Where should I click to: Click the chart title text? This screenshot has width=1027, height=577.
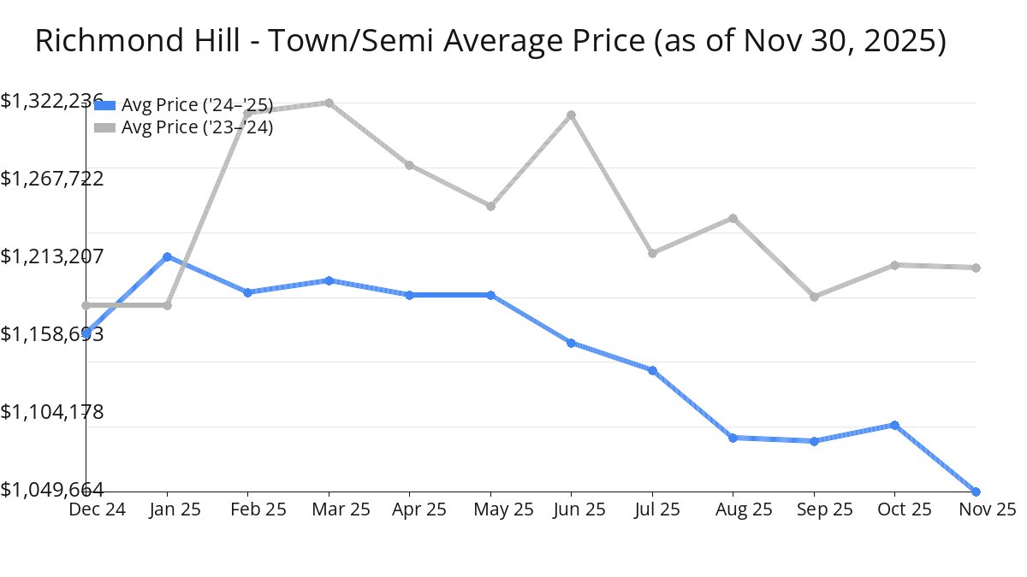pos(490,41)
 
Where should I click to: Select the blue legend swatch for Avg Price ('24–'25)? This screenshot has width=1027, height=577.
pos(104,105)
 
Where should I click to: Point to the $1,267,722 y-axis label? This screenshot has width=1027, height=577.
pos(52,179)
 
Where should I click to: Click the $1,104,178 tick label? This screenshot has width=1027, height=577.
pos(52,412)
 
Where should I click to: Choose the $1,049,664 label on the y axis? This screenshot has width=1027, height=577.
pos(52,489)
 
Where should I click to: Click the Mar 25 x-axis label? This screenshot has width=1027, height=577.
pos(329,509)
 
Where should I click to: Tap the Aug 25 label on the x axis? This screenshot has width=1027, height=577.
pos(733,509)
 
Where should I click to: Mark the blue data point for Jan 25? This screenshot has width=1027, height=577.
pos(167,256)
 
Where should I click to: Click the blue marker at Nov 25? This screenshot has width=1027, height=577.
pos(976,492)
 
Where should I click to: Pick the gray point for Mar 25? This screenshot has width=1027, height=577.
pos(329,103)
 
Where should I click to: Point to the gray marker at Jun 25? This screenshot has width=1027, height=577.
pos(571,115)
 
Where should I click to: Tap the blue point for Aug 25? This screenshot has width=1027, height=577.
pos(733,438)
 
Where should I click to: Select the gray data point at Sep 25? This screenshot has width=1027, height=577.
pos(814,297)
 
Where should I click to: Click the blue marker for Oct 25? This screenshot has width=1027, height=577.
pos(894,425)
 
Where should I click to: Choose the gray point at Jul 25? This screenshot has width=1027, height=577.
pos(652,253)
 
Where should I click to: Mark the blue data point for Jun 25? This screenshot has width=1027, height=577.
pos(571,343)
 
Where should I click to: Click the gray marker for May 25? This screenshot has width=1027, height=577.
pos(490,206)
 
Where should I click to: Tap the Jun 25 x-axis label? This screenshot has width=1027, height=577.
pos(571,509)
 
